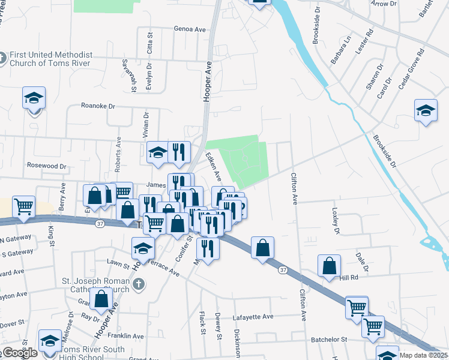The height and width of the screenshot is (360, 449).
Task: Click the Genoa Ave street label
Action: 189,29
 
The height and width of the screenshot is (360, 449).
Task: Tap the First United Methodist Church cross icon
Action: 2,58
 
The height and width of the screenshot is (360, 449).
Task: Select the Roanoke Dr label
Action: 98,106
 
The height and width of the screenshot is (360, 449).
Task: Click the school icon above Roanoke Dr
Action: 34,98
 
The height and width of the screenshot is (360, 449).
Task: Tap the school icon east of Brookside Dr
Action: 426,110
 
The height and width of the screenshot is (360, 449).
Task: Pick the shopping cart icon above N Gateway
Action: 23,206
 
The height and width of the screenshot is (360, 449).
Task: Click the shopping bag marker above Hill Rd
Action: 330,266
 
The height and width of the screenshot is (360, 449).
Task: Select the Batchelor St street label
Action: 329,340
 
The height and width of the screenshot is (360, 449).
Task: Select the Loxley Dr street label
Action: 335,221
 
